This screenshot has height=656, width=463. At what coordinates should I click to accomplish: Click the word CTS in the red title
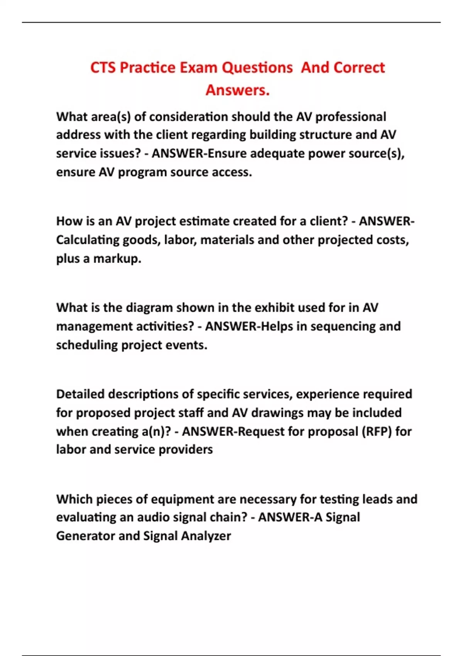103,68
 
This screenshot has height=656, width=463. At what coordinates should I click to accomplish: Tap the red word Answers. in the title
237,90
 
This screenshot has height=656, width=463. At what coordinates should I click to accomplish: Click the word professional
351,117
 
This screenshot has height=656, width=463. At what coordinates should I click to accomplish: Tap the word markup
117,259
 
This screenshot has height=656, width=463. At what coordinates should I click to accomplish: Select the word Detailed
80,394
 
